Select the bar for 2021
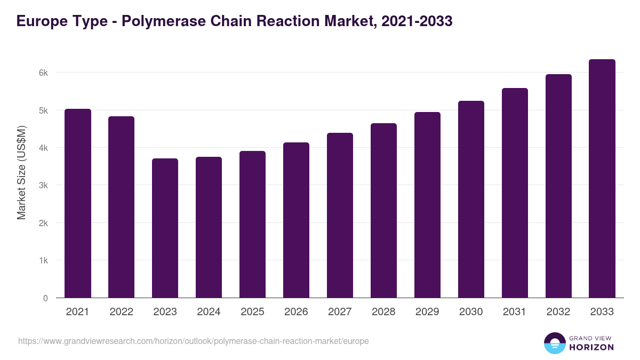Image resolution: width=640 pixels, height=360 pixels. click(78, 203)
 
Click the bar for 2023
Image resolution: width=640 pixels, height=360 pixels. click(165, 228)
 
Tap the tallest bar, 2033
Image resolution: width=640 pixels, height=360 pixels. click(602, 179)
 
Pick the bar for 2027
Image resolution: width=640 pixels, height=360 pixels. click(340, 215)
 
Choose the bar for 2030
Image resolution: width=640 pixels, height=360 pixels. click(471, 199)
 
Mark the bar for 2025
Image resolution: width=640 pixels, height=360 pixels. click(252, 225)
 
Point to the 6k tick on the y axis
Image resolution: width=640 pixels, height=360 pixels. click(45, 73)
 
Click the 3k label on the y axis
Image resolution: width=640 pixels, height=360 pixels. click(45, 186)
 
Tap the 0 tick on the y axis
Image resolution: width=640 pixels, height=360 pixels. click(46, 298)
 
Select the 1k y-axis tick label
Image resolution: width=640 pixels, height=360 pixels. click(45, 261)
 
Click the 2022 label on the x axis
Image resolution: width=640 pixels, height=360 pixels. click(122, 312)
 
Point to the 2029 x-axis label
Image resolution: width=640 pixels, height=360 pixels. click(427, 312)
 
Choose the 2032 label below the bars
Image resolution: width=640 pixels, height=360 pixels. click(558, 312)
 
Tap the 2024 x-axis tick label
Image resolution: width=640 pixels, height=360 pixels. click(209, 312)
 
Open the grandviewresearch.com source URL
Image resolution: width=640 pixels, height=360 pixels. click(193, 341)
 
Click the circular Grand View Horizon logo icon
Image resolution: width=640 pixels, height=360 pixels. click(554, 343)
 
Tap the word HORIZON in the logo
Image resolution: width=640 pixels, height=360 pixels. click(591, 347)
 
